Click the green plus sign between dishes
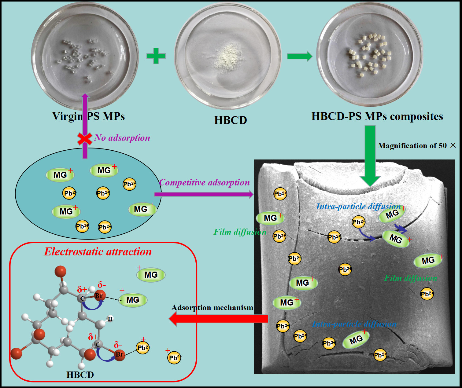pos(156,56)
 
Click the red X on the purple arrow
pos(85,139)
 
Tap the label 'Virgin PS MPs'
pos(88,116)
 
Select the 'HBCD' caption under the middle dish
pos(231,120)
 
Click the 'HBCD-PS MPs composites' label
pos(377,116)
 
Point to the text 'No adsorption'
pos(122,138)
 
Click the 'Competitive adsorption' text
pos(205,182)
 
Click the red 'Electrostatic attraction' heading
pos(98,252)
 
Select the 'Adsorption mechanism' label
pos(212,307)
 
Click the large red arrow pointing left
pos(218,319)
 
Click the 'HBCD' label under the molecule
pos(80,375)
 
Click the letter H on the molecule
pos(110,319)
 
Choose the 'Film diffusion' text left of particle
pos(240,232)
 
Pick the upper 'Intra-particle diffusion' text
pos(358,207)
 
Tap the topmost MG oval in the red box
pos(151,275)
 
